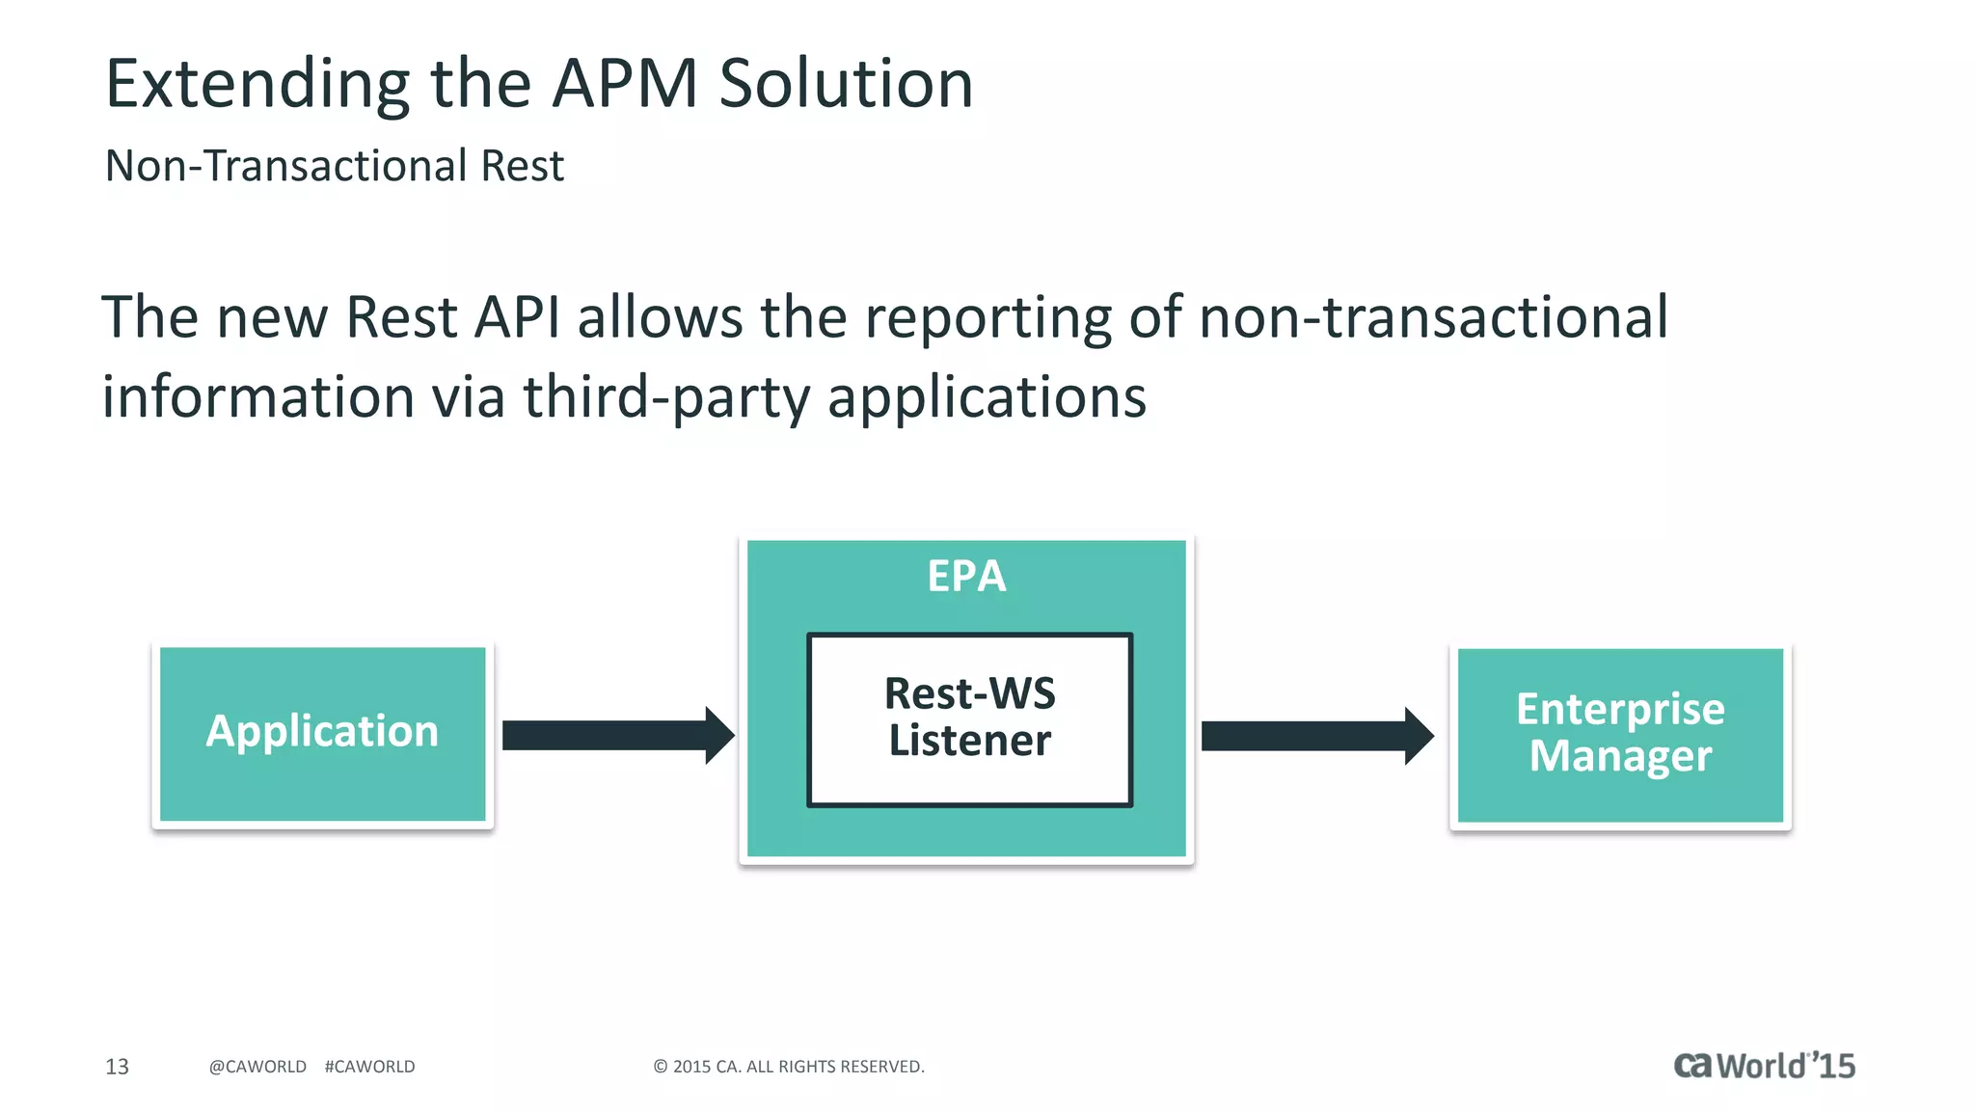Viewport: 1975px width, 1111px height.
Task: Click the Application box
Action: [322, 733]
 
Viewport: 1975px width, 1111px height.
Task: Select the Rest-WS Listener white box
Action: [969, 718]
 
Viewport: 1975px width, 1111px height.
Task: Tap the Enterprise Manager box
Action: [1620, 734]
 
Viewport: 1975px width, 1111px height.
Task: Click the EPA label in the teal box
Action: [966, 577]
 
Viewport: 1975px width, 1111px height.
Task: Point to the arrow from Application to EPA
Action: [617, 735]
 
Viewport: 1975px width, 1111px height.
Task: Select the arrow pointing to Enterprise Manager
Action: [1316, 736]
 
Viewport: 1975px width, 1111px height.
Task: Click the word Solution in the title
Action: [846, 84]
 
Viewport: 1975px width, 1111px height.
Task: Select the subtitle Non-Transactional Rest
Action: [334, 166]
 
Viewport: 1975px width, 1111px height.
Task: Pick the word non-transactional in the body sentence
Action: [1433, 317]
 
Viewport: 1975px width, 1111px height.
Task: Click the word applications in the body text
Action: [987, 397]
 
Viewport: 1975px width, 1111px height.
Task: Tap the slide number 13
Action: [117, 1067]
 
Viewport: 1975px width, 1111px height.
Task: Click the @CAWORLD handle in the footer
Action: [257, 1067]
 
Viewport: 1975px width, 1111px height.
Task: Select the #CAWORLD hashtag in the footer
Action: [369, 1067]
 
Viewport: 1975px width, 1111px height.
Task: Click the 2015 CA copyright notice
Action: [789, 1067]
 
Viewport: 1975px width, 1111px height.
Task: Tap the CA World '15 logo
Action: [1764, 1066]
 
